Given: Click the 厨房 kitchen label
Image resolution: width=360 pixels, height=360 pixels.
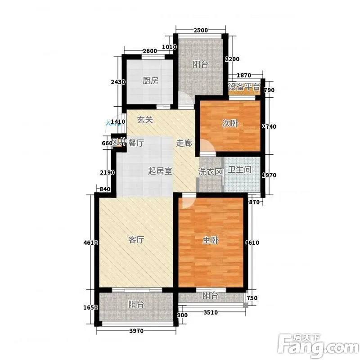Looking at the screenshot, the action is [150, 81].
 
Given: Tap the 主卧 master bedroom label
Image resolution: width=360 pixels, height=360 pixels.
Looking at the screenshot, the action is [210, 240].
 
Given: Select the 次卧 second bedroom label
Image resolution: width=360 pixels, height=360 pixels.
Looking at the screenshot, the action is [230, 123].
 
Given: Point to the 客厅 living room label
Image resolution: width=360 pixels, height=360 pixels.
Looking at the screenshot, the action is [136, 240].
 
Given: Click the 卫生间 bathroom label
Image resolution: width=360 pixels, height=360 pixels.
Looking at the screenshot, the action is [239, 170].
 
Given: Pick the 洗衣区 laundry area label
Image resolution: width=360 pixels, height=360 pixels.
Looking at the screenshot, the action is [210, 172].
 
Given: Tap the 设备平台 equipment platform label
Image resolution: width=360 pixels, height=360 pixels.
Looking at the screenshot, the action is [244, 87].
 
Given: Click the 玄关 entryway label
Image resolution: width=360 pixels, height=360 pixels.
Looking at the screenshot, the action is [145, 119].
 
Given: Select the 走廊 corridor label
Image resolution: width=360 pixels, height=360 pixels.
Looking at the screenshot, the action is [184, 143].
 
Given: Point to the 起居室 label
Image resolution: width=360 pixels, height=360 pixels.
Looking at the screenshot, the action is [160, 171].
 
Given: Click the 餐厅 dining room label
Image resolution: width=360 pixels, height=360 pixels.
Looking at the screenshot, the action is [136, 143].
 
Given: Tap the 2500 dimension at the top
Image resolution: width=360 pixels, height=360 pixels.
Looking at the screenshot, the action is [201, 30].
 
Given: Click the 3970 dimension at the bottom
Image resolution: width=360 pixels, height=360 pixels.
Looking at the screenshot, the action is [136, 331].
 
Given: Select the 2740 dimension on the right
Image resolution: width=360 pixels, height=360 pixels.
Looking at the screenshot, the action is [269, 126].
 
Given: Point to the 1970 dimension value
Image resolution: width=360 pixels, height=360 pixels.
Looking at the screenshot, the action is [269, 175].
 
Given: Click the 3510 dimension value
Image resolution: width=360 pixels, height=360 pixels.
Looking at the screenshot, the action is [211, 312].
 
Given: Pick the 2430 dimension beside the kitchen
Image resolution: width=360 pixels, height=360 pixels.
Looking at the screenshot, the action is [118, 82].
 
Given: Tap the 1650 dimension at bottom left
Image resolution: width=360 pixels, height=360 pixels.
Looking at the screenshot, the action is [90, 307].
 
